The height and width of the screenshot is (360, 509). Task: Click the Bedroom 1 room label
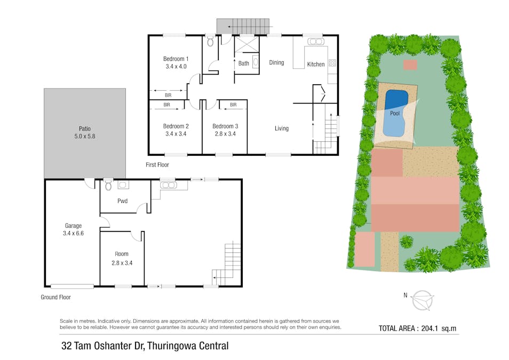click(176, 59)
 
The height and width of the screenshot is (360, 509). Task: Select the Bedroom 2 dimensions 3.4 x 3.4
click(176, 134)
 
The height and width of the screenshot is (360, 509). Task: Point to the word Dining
click(276, 62)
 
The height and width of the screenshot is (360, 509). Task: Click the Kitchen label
click(315, 65)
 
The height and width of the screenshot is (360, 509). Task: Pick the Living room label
click(281, 128)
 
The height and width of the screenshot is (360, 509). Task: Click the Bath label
click(243, 63)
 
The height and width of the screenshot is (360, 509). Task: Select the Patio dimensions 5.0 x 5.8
click(85, 137)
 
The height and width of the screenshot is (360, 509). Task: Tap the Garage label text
click(73, 226)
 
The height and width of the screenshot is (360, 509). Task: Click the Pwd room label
click(122, 201)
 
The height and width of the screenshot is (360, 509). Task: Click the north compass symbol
click(422, 299)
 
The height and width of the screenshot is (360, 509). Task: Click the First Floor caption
click(157, 165)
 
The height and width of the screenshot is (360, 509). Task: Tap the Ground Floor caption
click(55, 298)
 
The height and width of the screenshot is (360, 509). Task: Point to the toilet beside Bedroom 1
click(210, 41)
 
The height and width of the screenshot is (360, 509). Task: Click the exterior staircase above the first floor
click(243, 25)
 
